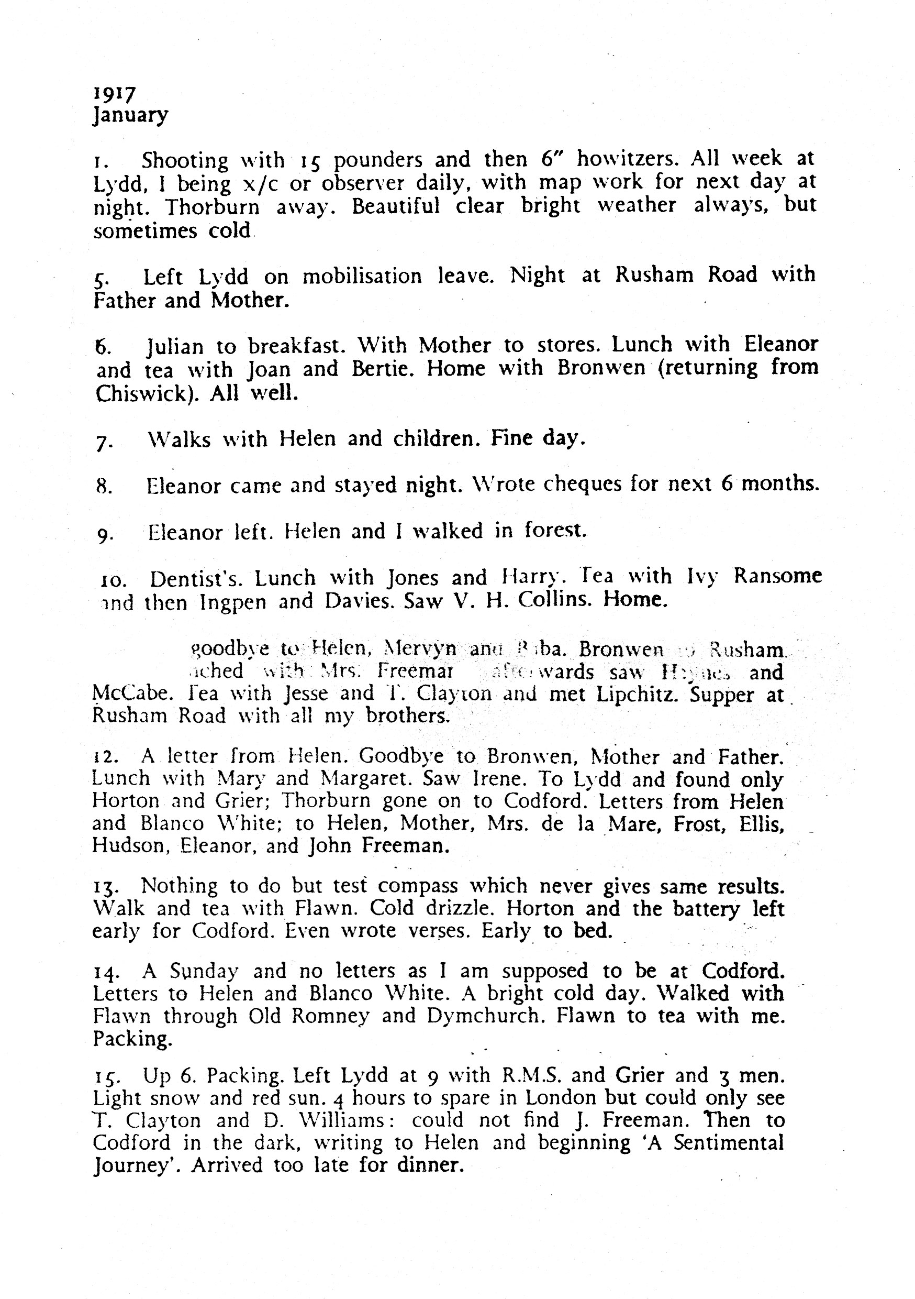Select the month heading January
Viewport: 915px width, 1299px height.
[131, 116]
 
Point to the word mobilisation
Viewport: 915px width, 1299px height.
[362, 276]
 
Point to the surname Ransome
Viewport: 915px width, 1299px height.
[777, 576]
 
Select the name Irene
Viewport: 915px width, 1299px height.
[490, 779]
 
